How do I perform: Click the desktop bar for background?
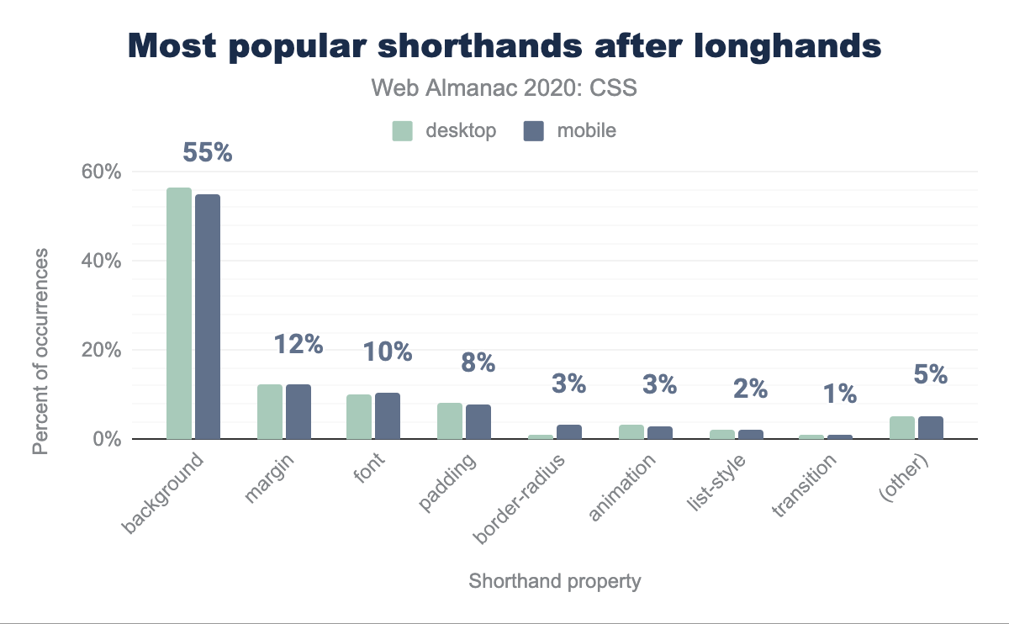click(x=179, y=313)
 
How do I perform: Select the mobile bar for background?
click(x=208, y=316)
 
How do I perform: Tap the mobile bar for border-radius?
click(x=569, y=431)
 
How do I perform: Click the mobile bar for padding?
click(x=478, y=421)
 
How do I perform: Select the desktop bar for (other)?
click(x=902, y=427)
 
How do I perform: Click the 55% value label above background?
click(x=207, y=153)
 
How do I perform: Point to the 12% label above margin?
click(x=298, y=344)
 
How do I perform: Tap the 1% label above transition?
click(x=840, y=393)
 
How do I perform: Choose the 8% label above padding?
click(x=478, y=363)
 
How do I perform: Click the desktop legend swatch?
click(x=403, y=131)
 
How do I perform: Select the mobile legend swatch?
click(x=535, y=131)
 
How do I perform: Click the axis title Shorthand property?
click(x=555, y=581)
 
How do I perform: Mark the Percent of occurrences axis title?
click(x=40, y=351)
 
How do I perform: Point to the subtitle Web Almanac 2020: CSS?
click(x=504, y=88)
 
